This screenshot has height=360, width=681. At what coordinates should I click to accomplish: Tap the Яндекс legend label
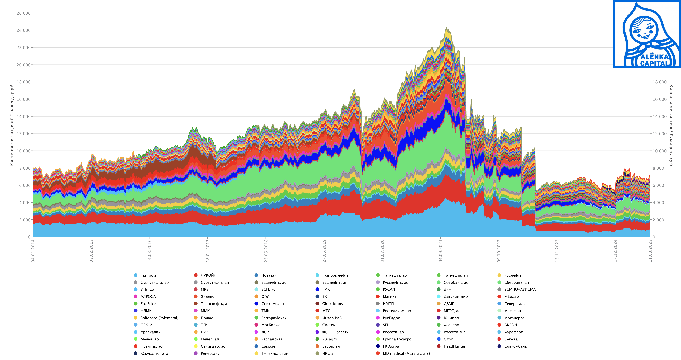(x=207, y=296)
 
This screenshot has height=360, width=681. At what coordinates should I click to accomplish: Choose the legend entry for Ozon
(x=448, y=339)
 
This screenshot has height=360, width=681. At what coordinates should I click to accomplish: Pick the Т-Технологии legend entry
(x=274, y=353)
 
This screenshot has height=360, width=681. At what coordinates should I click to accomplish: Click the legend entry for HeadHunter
(x=454, y=346)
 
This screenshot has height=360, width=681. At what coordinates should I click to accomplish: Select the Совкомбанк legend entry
(x=515, y=346)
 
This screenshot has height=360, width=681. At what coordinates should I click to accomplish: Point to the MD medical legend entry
(x=406, y=353)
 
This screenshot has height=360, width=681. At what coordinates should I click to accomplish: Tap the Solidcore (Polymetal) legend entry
(x=159, y=318)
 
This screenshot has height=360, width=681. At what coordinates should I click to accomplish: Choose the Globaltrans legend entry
(x=332, y=304)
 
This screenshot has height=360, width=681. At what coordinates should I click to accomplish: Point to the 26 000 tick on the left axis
(x=23, y=13)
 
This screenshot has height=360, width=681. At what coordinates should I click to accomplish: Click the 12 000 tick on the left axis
(x=23, y=134)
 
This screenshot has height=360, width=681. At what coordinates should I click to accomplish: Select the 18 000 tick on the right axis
(x=659, y=82)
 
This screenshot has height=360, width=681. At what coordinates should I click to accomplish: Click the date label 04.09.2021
(x=440, y=251)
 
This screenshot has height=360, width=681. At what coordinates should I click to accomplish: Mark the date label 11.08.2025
(x=650, y=251)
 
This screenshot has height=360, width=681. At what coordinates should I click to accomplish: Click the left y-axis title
(x=12, y=125)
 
